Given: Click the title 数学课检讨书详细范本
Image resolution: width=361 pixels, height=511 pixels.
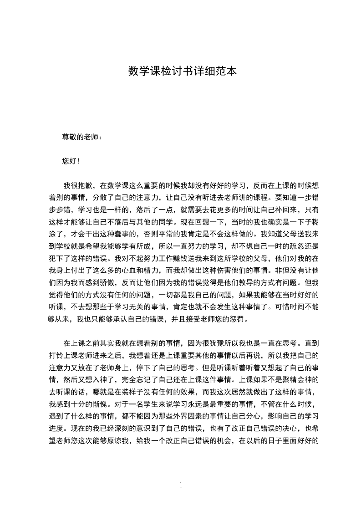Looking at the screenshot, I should point(182,72).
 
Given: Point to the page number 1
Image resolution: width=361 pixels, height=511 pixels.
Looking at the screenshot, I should point(181,485).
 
